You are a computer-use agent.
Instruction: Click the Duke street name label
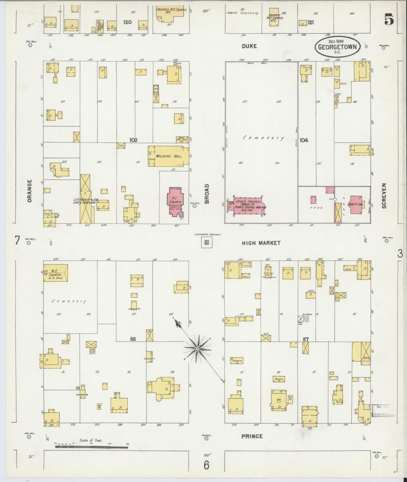tap(249, 46)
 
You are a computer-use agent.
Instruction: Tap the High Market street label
tap(261, 243)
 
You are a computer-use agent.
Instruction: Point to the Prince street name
tap(252, 436)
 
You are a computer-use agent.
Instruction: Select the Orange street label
tap(30, 190)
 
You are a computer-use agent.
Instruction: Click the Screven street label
tap(384, 196)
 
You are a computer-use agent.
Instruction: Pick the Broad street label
tap(207, 194)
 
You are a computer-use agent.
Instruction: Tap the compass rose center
tap(198, 349)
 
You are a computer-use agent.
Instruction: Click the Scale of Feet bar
tap(92, 447)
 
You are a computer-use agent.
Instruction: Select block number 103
tap(133, 140)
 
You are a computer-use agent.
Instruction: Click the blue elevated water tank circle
tap(306, 319)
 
